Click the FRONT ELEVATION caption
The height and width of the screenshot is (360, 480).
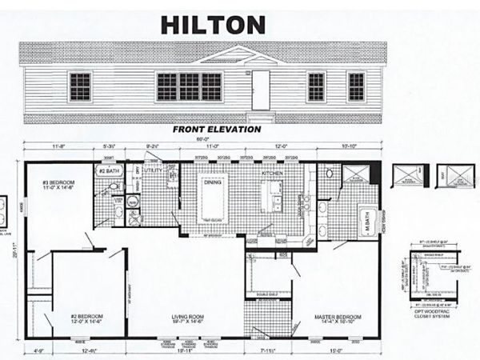tap(217, 129)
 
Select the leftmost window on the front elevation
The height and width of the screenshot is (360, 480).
tap(80, 86)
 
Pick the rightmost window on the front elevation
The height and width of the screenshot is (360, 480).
tap(356, 86)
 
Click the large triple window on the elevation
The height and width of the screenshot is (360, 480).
tap(189, 86)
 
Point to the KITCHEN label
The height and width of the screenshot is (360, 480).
tap(272, 173)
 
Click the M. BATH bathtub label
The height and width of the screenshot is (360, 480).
tap(362, 219)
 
